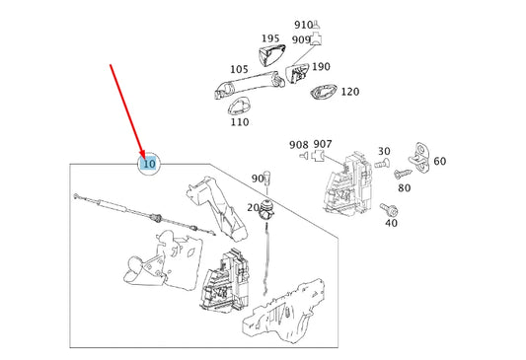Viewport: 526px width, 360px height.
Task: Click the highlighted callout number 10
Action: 148,164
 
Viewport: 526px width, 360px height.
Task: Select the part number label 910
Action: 302,24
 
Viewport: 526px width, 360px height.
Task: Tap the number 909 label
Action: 300,40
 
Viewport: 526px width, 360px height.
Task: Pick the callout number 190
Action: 321,67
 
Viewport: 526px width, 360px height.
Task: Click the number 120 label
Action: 349,92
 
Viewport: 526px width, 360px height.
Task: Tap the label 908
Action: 299,144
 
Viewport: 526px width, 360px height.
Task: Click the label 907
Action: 323,144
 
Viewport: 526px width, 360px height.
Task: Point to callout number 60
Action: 439,162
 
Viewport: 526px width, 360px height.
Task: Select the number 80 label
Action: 404,187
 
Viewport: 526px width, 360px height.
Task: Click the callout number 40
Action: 391,223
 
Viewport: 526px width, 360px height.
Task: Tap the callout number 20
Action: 253,207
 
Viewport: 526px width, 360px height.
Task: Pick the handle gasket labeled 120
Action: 322,93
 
